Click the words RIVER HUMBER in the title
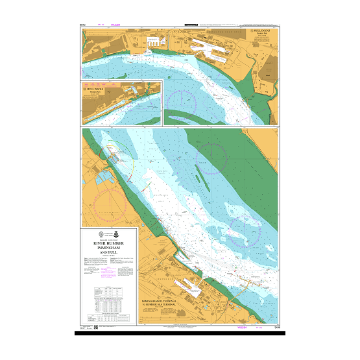(x=109, y=243)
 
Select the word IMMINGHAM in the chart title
(x=109, y=248)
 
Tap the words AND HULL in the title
(x=109, y=253)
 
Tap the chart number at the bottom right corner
(x=277, y=330)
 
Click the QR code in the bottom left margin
(x=95, y=326)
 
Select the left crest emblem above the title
(x=101, y=234)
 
